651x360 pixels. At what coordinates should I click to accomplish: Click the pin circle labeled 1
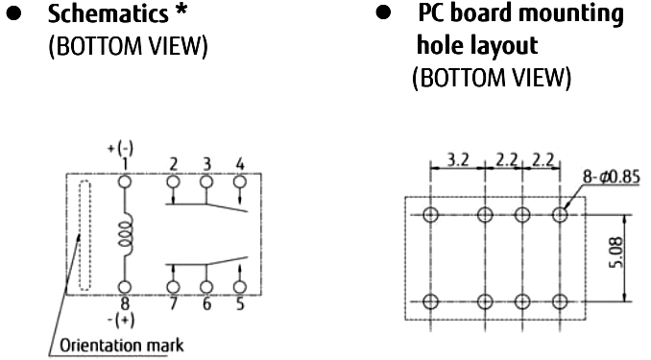(x=125, y=181)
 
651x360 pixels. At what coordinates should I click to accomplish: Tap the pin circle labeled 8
(x=125, y=287)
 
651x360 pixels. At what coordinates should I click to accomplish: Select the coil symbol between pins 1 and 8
(x=127, y=234)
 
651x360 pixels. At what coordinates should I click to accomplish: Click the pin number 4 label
(x=240, y=164)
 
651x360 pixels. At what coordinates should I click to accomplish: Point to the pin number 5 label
(x=240, y=304)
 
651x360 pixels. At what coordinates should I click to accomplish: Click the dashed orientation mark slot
(x=84, y=235)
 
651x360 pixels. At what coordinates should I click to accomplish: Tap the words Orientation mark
(x=122, y=346)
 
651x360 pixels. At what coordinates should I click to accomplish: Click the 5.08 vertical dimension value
(x=616, y=252)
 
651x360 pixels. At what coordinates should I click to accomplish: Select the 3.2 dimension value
(x=458, y=159)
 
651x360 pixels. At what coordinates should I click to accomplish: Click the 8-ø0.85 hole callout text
(x=611, y=177)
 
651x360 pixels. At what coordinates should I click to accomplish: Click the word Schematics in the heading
(x=108, y=13)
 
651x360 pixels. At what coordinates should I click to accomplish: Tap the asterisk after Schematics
(x=181, y=12)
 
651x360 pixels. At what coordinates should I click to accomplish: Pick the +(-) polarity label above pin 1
(x=120, y=148)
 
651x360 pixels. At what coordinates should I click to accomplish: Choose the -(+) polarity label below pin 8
(x=121, y=320)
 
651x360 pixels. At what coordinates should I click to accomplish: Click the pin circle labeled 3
(x=206, y=181)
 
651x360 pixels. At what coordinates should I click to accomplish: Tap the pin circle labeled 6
(x=206, y=287)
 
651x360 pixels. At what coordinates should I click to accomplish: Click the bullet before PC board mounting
(x=383, y=12)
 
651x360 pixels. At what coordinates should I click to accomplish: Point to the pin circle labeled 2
(x=173, y=181)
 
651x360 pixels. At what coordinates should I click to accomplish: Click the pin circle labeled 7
(x=173, y=287)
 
